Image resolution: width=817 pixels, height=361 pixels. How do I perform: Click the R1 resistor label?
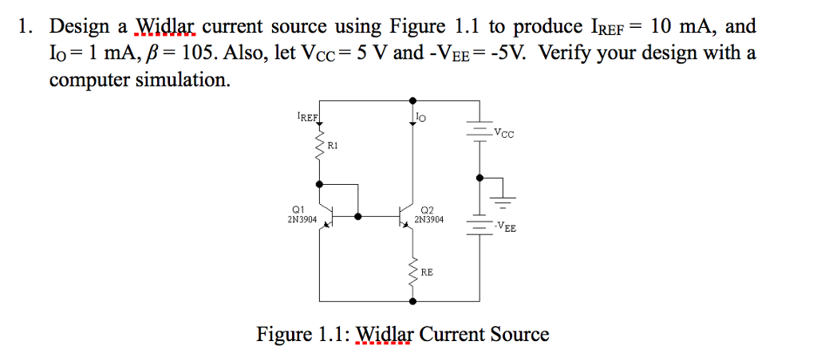pos(334,146)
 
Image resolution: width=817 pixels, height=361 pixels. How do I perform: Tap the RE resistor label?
pos(427,273)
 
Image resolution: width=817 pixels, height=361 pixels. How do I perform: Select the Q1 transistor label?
pos(296,209)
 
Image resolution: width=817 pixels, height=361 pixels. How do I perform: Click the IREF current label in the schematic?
pos(307,117)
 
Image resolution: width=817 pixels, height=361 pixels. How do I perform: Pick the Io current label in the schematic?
pos(421,118)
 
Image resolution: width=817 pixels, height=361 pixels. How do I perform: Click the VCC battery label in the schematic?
pos(504,134)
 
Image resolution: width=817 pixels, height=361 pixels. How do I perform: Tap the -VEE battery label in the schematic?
pos(504,228)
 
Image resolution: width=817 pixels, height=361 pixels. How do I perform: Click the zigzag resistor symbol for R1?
pos(320,147)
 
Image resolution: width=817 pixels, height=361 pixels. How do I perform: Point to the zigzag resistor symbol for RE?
pos(413,273)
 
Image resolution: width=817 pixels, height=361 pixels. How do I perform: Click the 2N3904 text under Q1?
pos(302,218)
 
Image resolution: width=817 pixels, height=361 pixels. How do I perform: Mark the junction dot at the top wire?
pos(412,100)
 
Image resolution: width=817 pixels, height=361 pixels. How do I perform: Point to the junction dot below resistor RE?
pos(412,302)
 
